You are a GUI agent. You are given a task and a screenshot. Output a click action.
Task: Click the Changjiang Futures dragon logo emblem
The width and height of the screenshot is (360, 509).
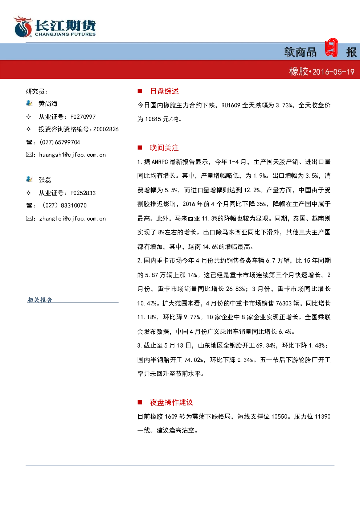point(23,26)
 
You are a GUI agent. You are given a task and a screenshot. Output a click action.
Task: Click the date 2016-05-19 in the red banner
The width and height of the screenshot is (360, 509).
point(334,72)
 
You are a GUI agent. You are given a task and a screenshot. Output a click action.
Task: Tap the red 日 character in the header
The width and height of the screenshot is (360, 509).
point(331,48)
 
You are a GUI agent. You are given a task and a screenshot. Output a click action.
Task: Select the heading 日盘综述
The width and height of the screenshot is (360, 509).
point(164,91)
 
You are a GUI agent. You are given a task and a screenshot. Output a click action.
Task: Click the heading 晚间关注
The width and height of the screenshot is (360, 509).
point(164,148)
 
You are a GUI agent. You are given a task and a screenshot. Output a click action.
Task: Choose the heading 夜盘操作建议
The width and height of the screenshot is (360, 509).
point(171,402)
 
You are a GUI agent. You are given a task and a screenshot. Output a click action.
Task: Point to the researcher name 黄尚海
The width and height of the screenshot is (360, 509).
point(48,104)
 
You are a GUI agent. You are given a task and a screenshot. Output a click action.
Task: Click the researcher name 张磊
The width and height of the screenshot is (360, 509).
point(45,180)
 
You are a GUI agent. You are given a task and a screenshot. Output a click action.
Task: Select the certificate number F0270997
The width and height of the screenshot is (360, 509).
point(83,117)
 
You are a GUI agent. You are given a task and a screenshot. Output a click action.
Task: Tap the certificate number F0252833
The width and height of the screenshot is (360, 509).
point(83,193)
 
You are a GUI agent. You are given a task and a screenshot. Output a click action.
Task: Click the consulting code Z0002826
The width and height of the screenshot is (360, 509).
point(106,129)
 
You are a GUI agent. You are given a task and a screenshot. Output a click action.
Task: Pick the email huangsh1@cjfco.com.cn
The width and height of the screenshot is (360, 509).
point(73,155)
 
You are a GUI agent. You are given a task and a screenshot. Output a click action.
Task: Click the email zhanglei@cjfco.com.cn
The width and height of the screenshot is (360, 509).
point(73,219)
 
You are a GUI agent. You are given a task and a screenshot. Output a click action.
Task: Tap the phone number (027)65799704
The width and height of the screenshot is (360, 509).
point(60,142)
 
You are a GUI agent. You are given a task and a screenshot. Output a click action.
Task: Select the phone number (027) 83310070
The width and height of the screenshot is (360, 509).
point(63,205)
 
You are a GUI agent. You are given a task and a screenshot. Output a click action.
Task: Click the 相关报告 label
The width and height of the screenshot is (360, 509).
point(40,300)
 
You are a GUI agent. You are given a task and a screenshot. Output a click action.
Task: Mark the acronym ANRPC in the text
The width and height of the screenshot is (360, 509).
point(160,162)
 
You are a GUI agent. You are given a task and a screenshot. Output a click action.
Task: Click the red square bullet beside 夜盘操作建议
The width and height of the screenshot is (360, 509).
point(140,402)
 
